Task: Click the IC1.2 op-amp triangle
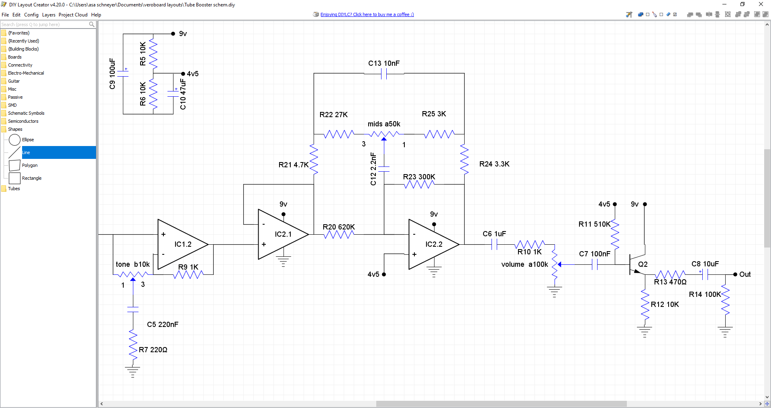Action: [181, 244]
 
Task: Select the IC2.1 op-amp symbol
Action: [281, 235]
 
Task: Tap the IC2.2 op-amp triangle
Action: [432, 245]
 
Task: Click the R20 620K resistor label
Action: [339, 227]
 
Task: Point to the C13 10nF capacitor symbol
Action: [384, 74]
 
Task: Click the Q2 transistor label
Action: [642, 264]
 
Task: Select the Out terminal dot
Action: [735, 274]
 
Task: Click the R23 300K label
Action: [419, 177]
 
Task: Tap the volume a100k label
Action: [524, 264]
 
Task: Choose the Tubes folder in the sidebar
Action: [14, 189]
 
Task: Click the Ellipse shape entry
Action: [28, 140]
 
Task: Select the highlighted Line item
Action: [26, 152]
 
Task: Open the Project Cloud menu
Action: [73, 15]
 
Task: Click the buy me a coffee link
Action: [367, 14]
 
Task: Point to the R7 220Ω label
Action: [153, 350]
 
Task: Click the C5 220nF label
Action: [162, 325]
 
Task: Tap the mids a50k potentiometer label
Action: [384, 124]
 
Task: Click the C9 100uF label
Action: [112, 74]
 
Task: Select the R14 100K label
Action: [705, 294]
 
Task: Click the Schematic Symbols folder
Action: [26, 113]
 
